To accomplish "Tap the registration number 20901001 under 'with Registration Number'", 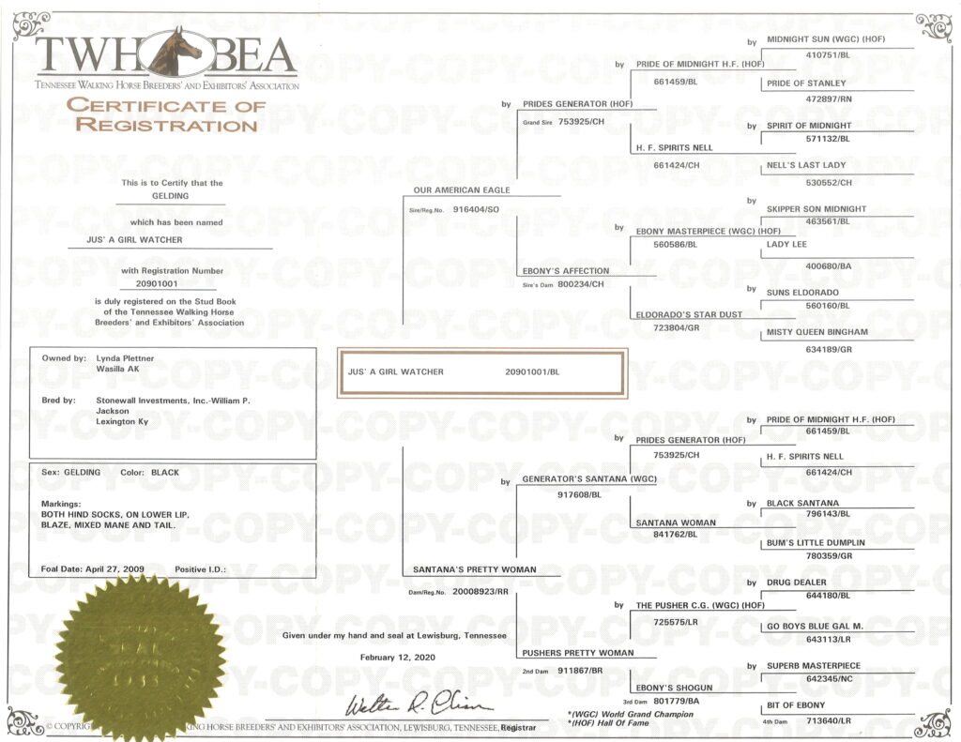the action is click(157, 283).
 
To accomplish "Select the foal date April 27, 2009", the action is click(115, 569).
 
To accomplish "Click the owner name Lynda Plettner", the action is click(125, 358).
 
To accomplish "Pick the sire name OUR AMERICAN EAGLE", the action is click(462, 189).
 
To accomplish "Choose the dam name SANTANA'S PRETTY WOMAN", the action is click(474, 569).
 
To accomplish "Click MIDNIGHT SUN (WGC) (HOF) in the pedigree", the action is click(826, 39).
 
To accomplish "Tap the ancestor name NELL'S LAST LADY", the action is click(806, 165).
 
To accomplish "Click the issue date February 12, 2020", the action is click(398, 658).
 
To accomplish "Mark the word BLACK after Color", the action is click(165, 473).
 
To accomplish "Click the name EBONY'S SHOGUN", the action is click(674, 688).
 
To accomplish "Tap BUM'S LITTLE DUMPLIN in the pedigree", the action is click(816, 543).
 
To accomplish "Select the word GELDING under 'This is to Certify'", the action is click(171, 196).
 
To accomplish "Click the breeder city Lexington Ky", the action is click(122, 421).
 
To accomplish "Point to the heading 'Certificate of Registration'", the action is click(166, 114).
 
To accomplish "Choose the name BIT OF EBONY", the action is click(796, 705).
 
